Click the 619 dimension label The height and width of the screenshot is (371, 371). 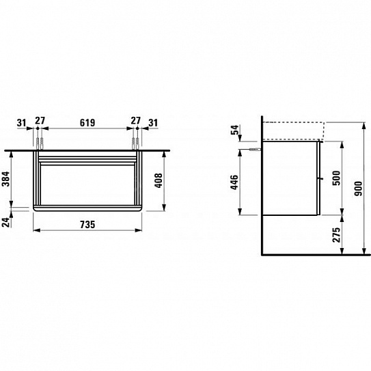[87, 123]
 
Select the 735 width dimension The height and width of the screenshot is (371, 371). [87, 225]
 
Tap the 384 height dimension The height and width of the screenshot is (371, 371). [6, 179]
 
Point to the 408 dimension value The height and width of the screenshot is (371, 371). [159, 181]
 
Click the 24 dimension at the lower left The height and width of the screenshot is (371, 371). [6, 223]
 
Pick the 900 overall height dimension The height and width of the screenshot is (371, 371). [359, 189]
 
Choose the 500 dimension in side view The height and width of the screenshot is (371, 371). [336, 178]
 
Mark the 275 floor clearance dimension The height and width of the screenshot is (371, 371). [336, 235]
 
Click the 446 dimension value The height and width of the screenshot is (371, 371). [234, 182]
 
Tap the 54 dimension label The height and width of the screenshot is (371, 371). [235, 130]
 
